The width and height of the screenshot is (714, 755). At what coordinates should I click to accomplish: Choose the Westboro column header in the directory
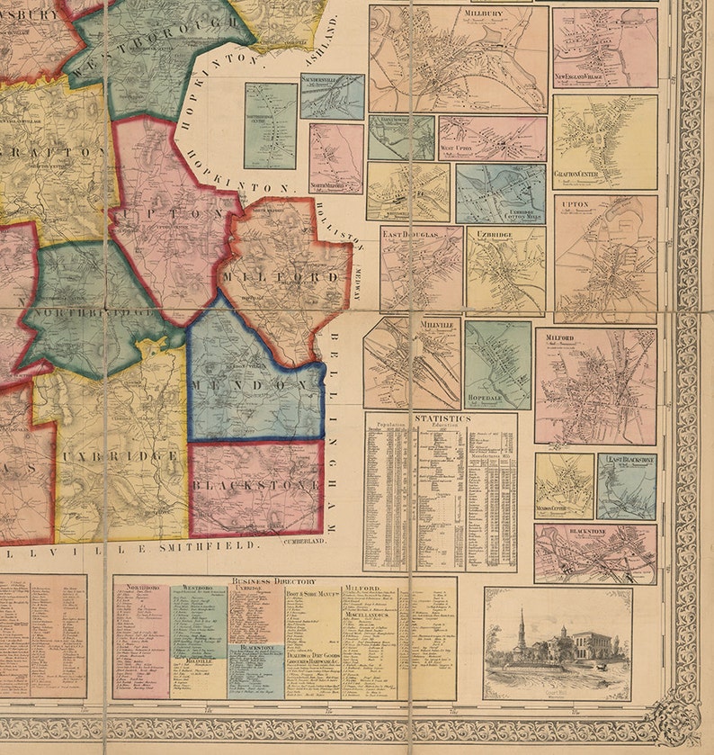click(x=197, y=588)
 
